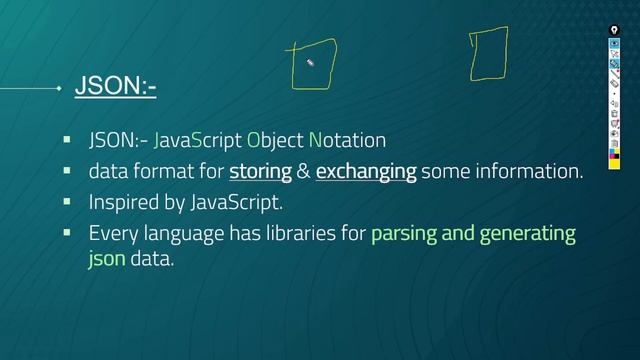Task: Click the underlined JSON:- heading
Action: pyautogui.click(x=114, y=88)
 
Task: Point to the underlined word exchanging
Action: pyautogui.click(x=366, y=172)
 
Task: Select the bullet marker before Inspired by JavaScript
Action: pyautogui.click(x=67, y=201)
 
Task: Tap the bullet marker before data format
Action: pyautogui.click(x=67, y=170)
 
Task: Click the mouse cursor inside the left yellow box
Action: pyautogui.click(x=310, y=63)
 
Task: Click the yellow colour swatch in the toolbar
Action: pyautogui.click(x=614, y=155)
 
